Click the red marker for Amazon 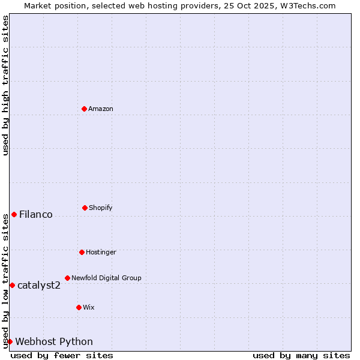(x=84, y=109)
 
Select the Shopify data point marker (x=85, y=208)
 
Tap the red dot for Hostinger (x=82, y=252)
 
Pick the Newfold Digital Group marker (x=67, y=278)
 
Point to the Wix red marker (x=79, y=307)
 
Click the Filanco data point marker (x=14, y=214)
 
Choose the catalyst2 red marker (x=12, y=285)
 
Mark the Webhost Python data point (x=10, y=341)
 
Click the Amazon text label (x=101, y=109)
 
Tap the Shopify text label (x=101, y=208)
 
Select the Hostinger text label (x=101, y=252)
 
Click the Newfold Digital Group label (x=106, y=278)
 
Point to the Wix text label (x=89, y=307)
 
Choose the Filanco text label (x=36, y=214)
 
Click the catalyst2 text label (x=39, y=285)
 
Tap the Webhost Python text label (x=54, y=341)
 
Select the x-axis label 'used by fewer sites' (x=62, y=355)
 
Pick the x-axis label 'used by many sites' (x=301, y=355)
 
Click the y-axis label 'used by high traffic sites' (x=5, y=85)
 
